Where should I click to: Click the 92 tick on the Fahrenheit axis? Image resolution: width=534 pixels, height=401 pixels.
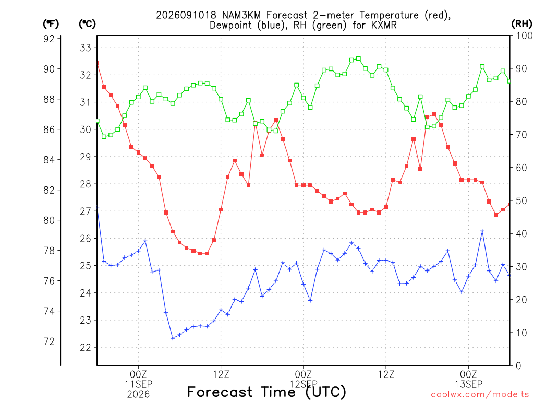pos(50,39)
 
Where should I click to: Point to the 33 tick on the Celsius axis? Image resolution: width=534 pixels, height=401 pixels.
pos(86,48)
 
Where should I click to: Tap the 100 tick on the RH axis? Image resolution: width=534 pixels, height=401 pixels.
pos(524,36)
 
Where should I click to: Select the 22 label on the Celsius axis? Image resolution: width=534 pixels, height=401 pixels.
pos(86,347)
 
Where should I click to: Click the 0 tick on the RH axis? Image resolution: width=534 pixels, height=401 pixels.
pos(518,366)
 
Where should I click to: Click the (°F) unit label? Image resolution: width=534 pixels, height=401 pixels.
pos(51,24)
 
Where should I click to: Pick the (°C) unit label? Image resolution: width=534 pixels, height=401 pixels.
pos(87,24)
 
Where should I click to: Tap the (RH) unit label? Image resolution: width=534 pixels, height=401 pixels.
pos(521,24)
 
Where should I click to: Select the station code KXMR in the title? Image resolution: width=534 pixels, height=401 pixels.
pos(384,26)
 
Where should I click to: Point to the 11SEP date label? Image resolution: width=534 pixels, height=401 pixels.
pos(138,384)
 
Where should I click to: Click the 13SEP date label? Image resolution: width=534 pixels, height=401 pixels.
pos(469,384)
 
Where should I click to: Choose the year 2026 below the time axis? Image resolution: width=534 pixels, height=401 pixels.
pos(138,395)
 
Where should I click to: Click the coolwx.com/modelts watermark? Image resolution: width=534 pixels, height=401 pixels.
pos(480,395)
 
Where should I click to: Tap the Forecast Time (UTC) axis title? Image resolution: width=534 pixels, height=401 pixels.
pos(266,392)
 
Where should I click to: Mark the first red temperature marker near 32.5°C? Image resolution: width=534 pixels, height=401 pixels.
pos(98,63)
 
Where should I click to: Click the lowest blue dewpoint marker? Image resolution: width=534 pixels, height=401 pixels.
pos(173,338)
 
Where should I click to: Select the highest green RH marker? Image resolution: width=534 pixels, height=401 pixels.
pos(358,58)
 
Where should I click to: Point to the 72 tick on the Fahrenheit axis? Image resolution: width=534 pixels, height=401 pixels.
pos(50,341)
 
